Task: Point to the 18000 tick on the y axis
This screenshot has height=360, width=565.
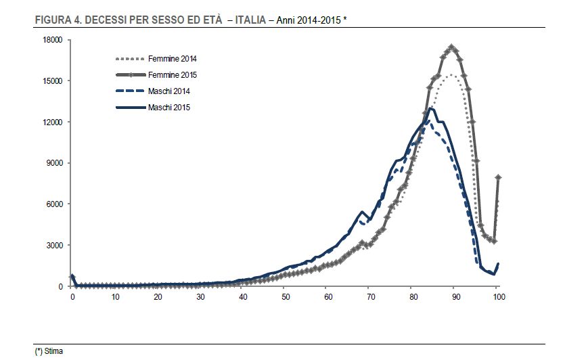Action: [53, 40]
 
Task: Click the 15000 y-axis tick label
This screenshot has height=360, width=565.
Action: [53, 81]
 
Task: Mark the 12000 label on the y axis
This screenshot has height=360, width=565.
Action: [53, 122]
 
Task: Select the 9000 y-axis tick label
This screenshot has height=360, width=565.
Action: [55, 163]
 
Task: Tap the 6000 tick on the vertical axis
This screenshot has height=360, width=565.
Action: [55, 204]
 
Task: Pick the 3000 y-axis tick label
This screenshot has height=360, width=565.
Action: [55, 246]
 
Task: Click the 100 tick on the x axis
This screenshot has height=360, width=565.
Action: [497, 297]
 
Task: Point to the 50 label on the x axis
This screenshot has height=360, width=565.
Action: [285, 297]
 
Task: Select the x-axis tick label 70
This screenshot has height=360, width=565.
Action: [370, 297]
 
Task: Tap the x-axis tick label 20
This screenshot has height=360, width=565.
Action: [158, 297]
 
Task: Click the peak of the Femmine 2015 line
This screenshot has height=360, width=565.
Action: [452, 47]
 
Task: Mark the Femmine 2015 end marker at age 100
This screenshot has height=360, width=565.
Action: [498, 177]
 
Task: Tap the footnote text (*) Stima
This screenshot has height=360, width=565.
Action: [48, 351]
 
